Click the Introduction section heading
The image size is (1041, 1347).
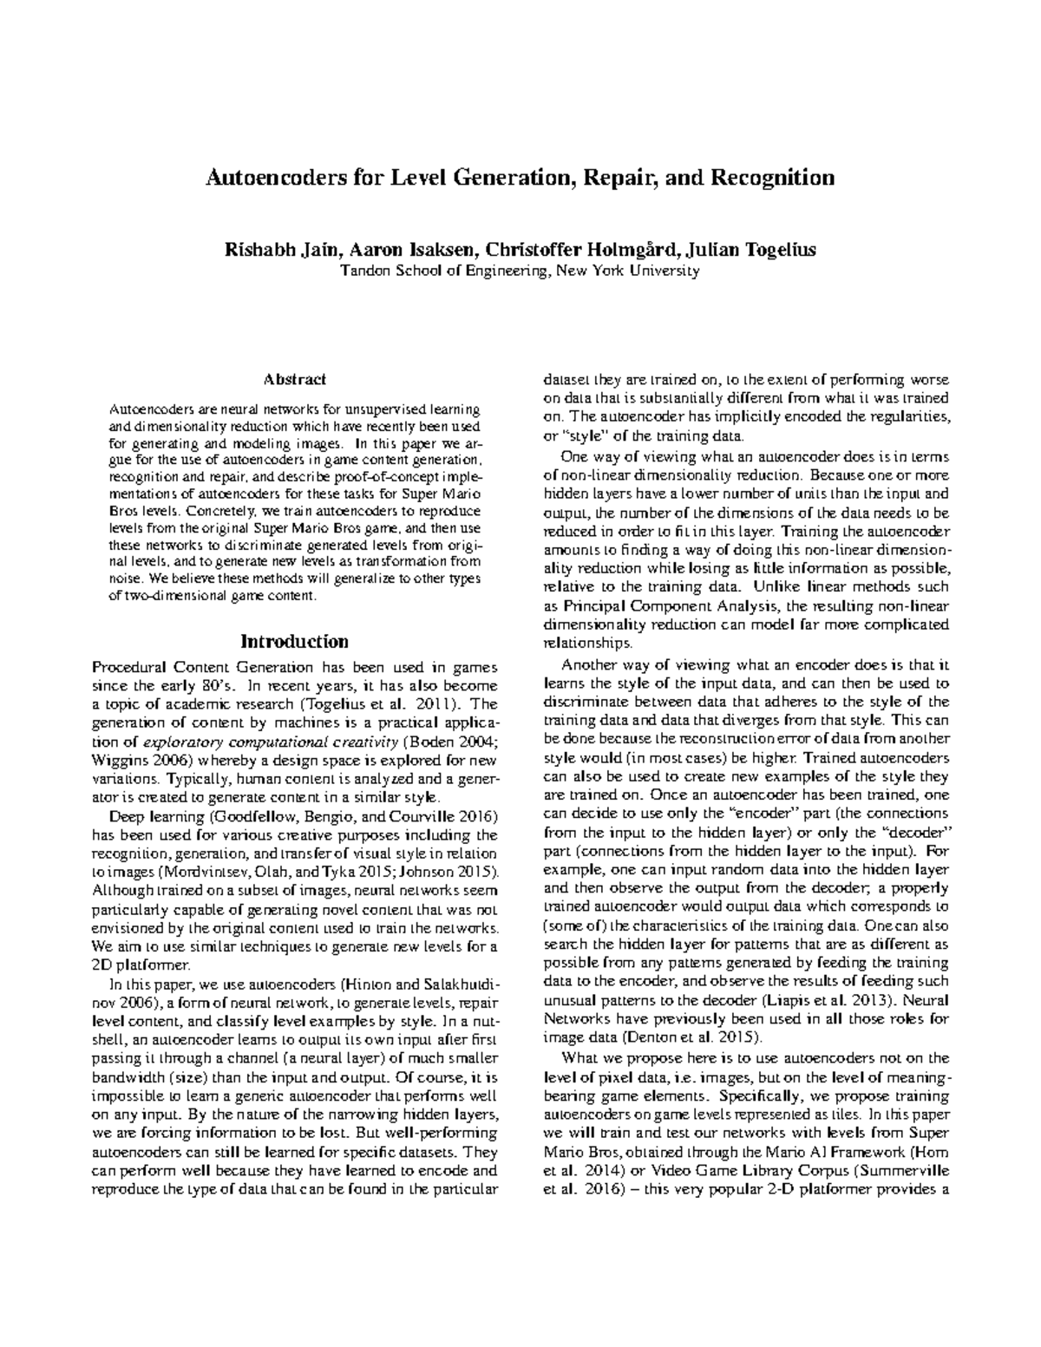click(x=294, y=642)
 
